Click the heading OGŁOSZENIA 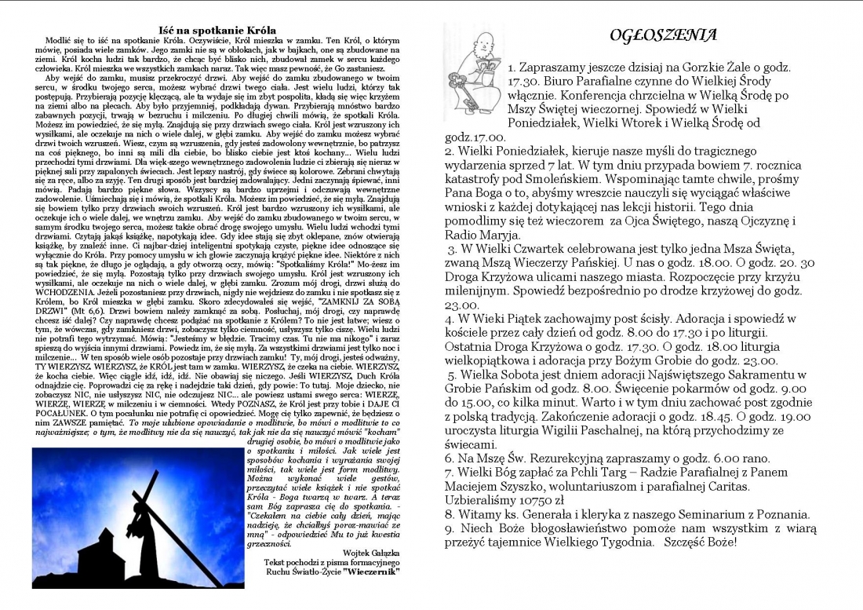click(663, 36)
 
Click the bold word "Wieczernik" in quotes click(373, 572)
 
